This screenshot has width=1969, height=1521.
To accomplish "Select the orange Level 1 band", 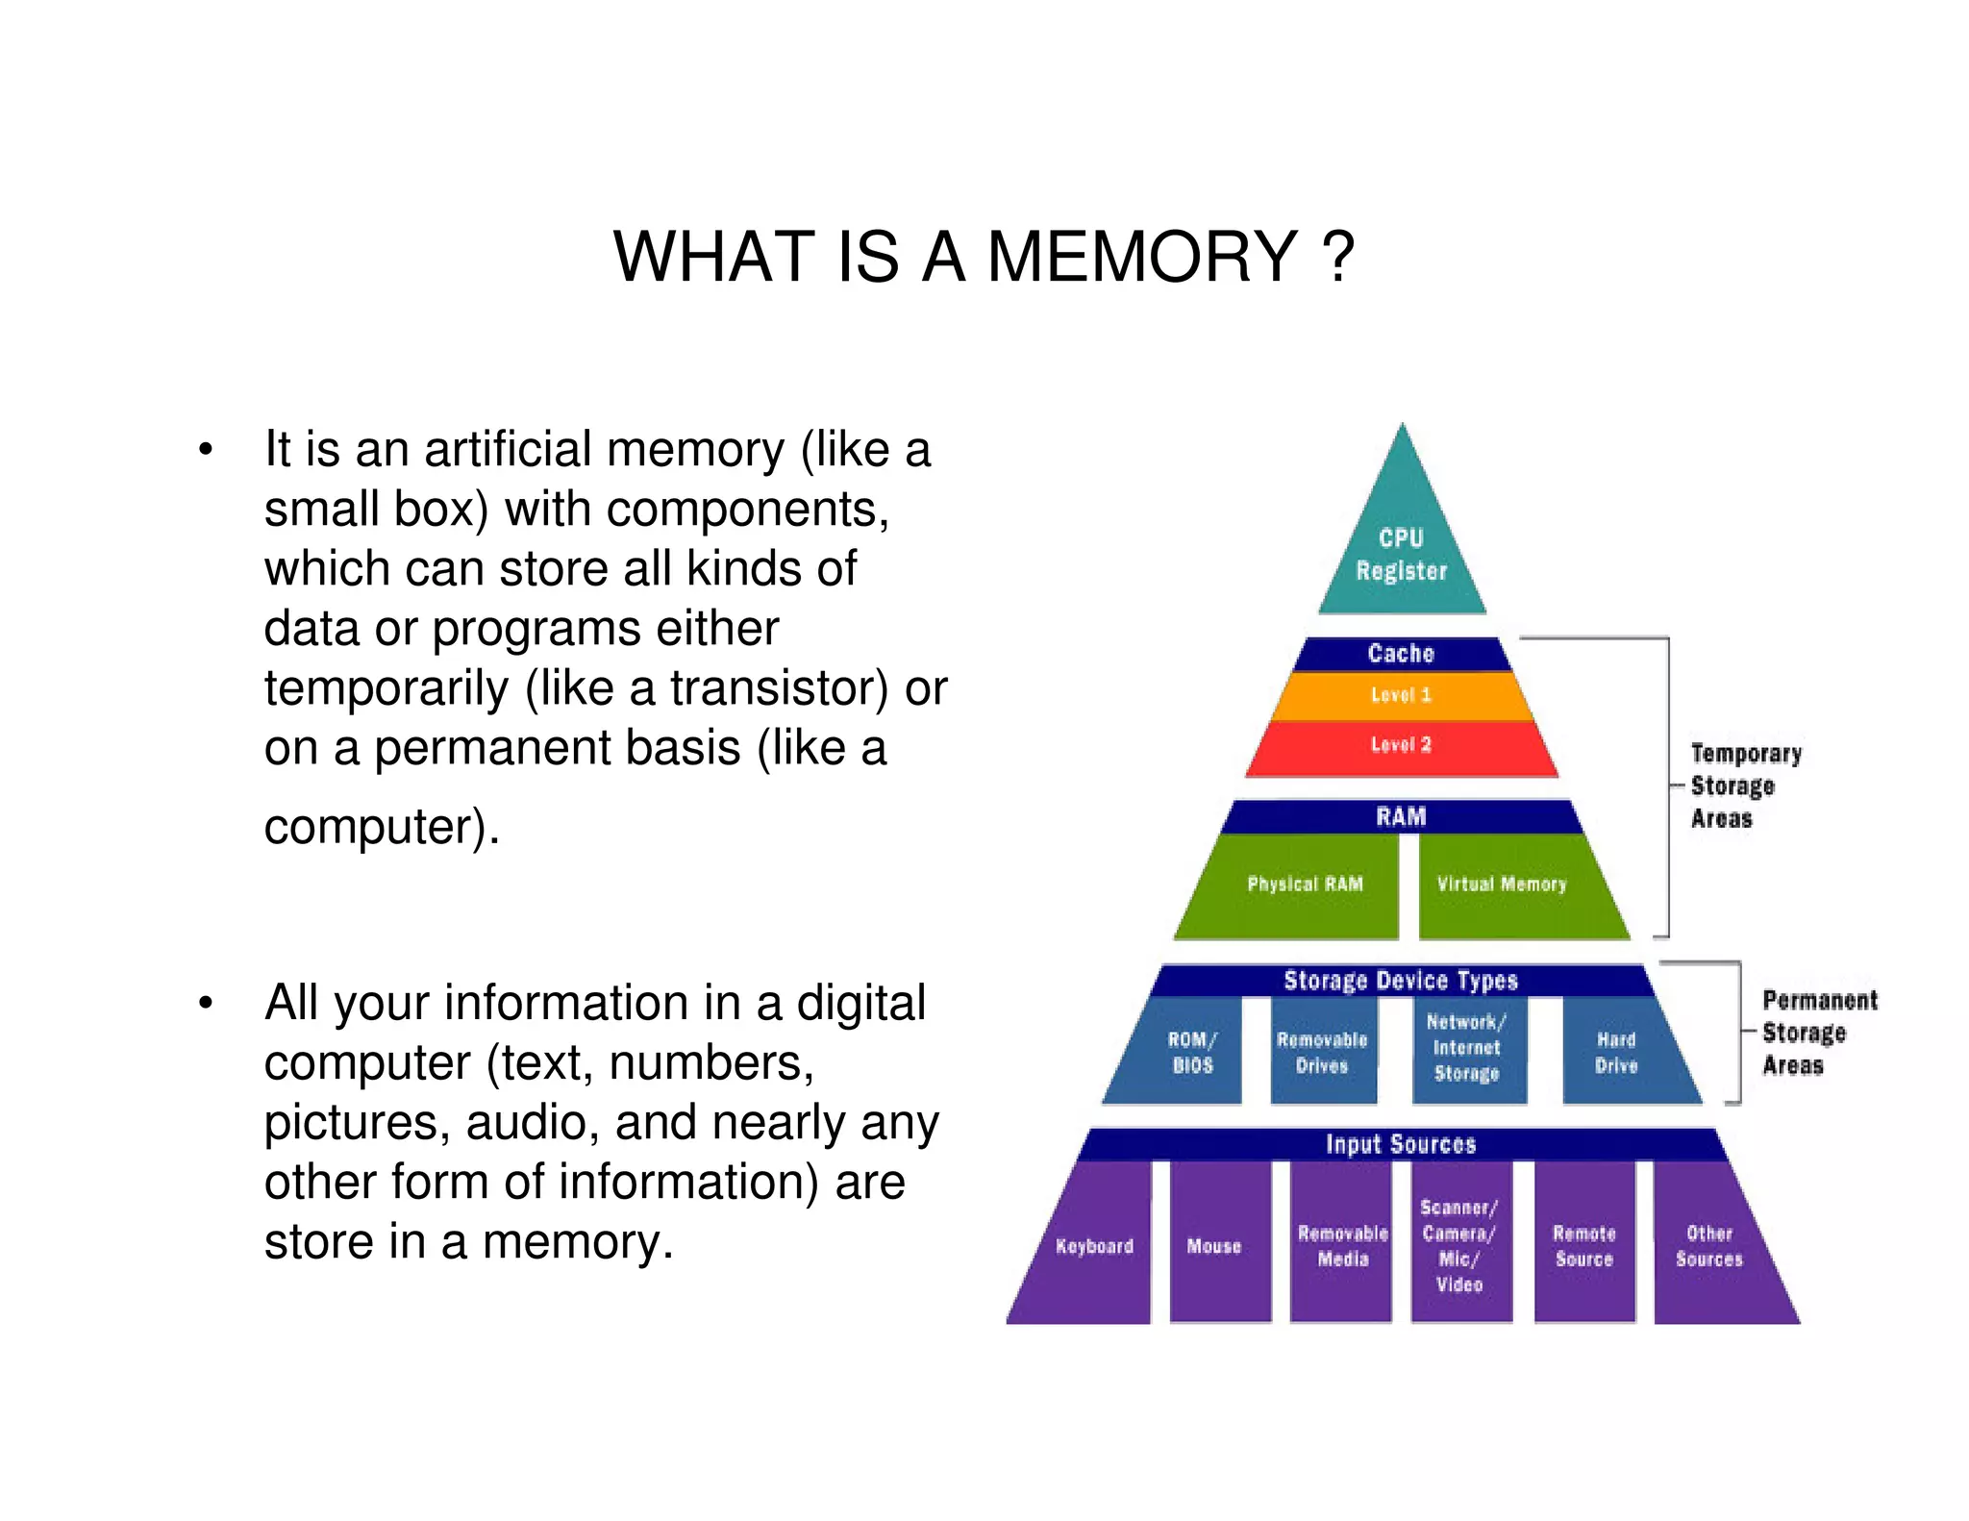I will (1401, 695).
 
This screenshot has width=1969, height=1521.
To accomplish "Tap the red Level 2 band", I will (1401, 746).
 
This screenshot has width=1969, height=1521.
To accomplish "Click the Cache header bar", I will (1401, 654).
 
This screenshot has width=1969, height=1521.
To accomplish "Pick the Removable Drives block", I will (1322, 1052).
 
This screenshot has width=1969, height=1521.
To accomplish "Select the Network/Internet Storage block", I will (1467, 1048).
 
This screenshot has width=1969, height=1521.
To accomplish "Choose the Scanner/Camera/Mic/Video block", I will (1459, 1245).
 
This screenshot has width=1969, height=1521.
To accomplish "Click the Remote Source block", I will (1584, 1246).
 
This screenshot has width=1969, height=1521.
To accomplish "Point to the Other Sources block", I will (1709, 1246).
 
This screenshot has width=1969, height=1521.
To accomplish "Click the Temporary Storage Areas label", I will (1745, 785).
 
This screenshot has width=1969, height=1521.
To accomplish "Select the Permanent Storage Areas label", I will (1817, 1033).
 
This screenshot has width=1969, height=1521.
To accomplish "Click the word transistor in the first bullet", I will (779, 688).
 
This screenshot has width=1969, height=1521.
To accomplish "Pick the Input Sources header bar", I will (1401, 1144).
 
